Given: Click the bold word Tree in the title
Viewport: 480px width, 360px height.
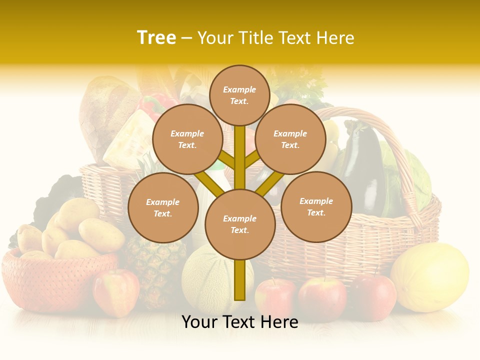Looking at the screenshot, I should (x=156, y=38).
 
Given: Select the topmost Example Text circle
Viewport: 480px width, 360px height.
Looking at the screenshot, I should (x=239, y=95).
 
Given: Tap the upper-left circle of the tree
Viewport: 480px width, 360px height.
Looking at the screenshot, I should (x=187, y=139).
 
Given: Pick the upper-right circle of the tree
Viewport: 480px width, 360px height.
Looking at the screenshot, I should (x=290, y=139).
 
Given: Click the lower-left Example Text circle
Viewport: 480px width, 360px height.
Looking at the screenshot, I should (x=163, y=207).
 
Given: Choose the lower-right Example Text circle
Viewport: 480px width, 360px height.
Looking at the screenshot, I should (x=316, y=206).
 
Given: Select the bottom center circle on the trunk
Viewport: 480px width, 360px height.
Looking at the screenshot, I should (x=240, y=224).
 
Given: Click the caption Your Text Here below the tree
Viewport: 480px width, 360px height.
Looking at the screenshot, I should (x=239, y=322).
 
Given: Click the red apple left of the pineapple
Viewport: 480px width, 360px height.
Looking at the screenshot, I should (x=115, y=292).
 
